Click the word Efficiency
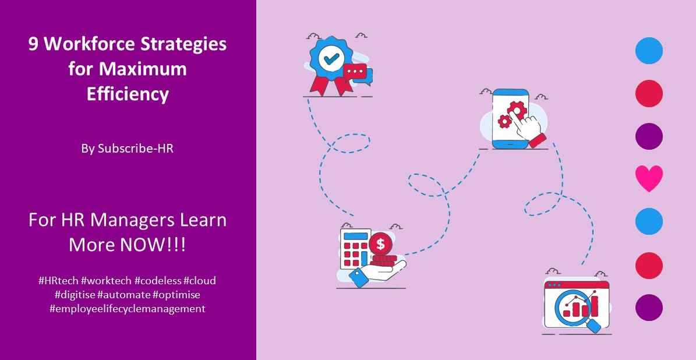coord(128,94)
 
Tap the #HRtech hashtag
coord(58,281)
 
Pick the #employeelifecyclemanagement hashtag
coord(128,309)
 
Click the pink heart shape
coord(649,179)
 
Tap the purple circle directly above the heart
coord(649,136)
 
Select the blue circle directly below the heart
coord(649,222)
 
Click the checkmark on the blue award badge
coord(331,59)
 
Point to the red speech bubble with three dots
coord(355,72)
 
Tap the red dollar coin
coord(380,243)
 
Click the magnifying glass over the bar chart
coord(573,305)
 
